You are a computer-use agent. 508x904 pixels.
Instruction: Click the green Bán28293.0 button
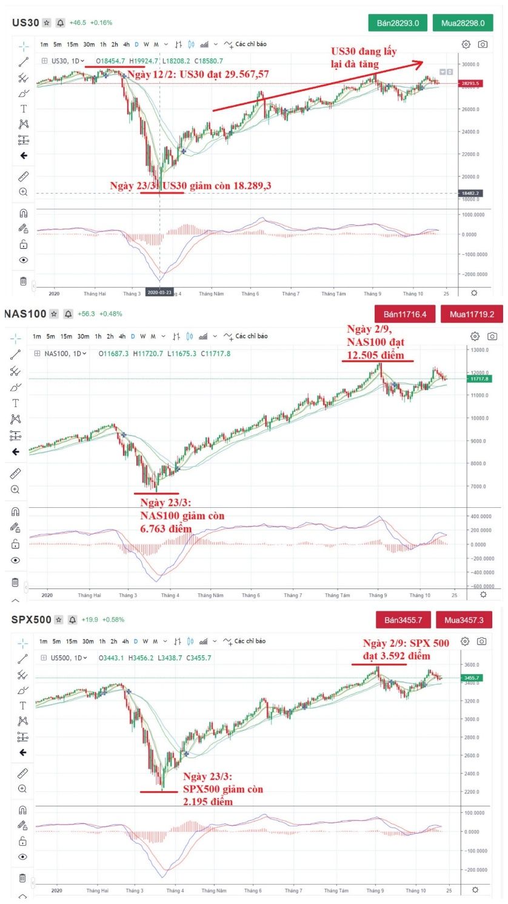click(x=398, y=23)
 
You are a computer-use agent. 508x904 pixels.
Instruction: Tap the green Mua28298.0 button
click(x=463, y=23)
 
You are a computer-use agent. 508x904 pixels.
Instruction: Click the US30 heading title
click(x=25, y=23)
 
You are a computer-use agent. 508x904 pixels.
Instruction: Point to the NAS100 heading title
click(x=25, y=314)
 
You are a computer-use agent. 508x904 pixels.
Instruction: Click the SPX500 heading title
click(x=31, y=619)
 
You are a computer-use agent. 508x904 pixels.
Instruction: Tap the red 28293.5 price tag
click(x=470, y=84)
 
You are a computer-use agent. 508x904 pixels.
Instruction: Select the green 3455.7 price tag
click(x=471, y=678)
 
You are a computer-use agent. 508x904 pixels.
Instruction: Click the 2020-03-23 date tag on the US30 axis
click(x=160, y=292)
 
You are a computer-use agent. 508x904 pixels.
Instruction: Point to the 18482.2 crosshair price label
click(x=470, y=193)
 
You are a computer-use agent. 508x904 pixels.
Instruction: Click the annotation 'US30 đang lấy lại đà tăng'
click(x=364, y=58)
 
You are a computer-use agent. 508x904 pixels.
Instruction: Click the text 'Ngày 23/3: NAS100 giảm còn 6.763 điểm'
click(x=182, y=516)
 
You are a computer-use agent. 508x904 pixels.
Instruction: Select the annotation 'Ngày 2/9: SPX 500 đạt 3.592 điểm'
click(x=406, y=649)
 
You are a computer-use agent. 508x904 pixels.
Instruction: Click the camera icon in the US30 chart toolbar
click(x=483, y=44)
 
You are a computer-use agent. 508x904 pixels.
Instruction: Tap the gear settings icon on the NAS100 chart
click(x=475, y=336)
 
